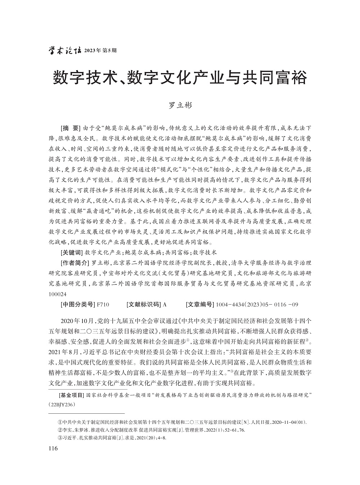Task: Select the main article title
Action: (x=180, y=78)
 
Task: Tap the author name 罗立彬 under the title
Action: (x=180, y=105)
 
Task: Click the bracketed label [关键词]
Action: (x=71, y=252)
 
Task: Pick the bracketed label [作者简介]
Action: (x=74, y=263)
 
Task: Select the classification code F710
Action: (x=103, y=305)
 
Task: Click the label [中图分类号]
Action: (x=77, y=305)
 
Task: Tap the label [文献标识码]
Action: (x=143, y=305)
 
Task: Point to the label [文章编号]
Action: (x=200, y=305)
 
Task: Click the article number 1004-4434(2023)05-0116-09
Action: (x=257, y=305)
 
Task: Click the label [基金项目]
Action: (x=71, y=395)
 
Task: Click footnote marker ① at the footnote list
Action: (x=60, y=422)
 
